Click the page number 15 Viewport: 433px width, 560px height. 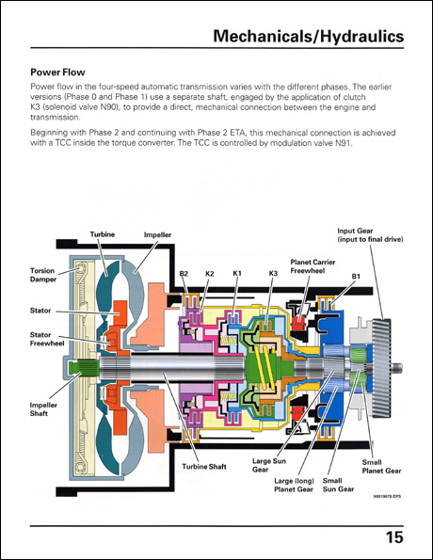click(393, 537)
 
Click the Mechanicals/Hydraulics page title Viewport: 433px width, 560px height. click(309, 37)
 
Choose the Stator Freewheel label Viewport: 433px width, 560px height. click(38, 338)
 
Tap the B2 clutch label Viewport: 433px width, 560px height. click(184, 273)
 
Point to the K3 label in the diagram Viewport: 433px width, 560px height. click(273, 273)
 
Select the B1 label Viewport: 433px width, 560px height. click(356, 276)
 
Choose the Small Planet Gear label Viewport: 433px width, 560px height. click(381, 466)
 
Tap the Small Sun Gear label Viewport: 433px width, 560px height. click(338, 485)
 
